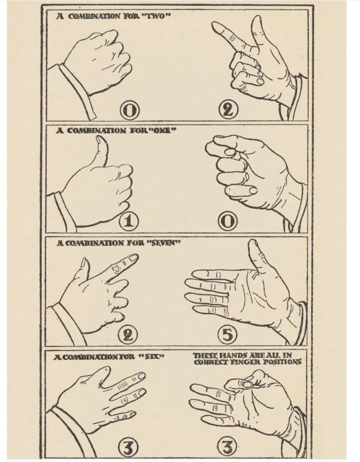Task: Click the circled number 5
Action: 227,335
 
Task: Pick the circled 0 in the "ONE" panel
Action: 228,222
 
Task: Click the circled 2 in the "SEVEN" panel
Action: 128,335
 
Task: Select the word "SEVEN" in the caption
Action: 163,243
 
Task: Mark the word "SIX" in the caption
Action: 151,357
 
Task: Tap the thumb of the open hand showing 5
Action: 259,256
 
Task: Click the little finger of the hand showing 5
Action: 206,309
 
